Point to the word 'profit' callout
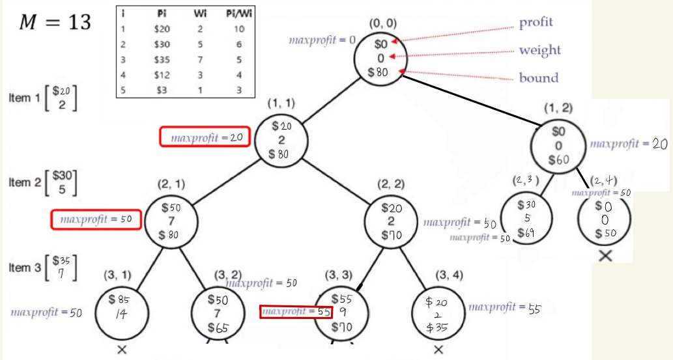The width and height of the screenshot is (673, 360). (x=536, y=22)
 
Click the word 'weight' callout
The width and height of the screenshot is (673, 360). (x=539, y=50)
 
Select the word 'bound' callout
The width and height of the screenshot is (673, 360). (x=539, y=78)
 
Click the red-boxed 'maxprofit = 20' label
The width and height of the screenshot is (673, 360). (x=205, y=137)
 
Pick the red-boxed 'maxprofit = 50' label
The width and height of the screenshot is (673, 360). (x=96, y=219)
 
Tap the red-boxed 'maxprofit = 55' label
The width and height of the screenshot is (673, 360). (x=296, y=312)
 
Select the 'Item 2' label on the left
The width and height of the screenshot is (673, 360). (x=25, y=182)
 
